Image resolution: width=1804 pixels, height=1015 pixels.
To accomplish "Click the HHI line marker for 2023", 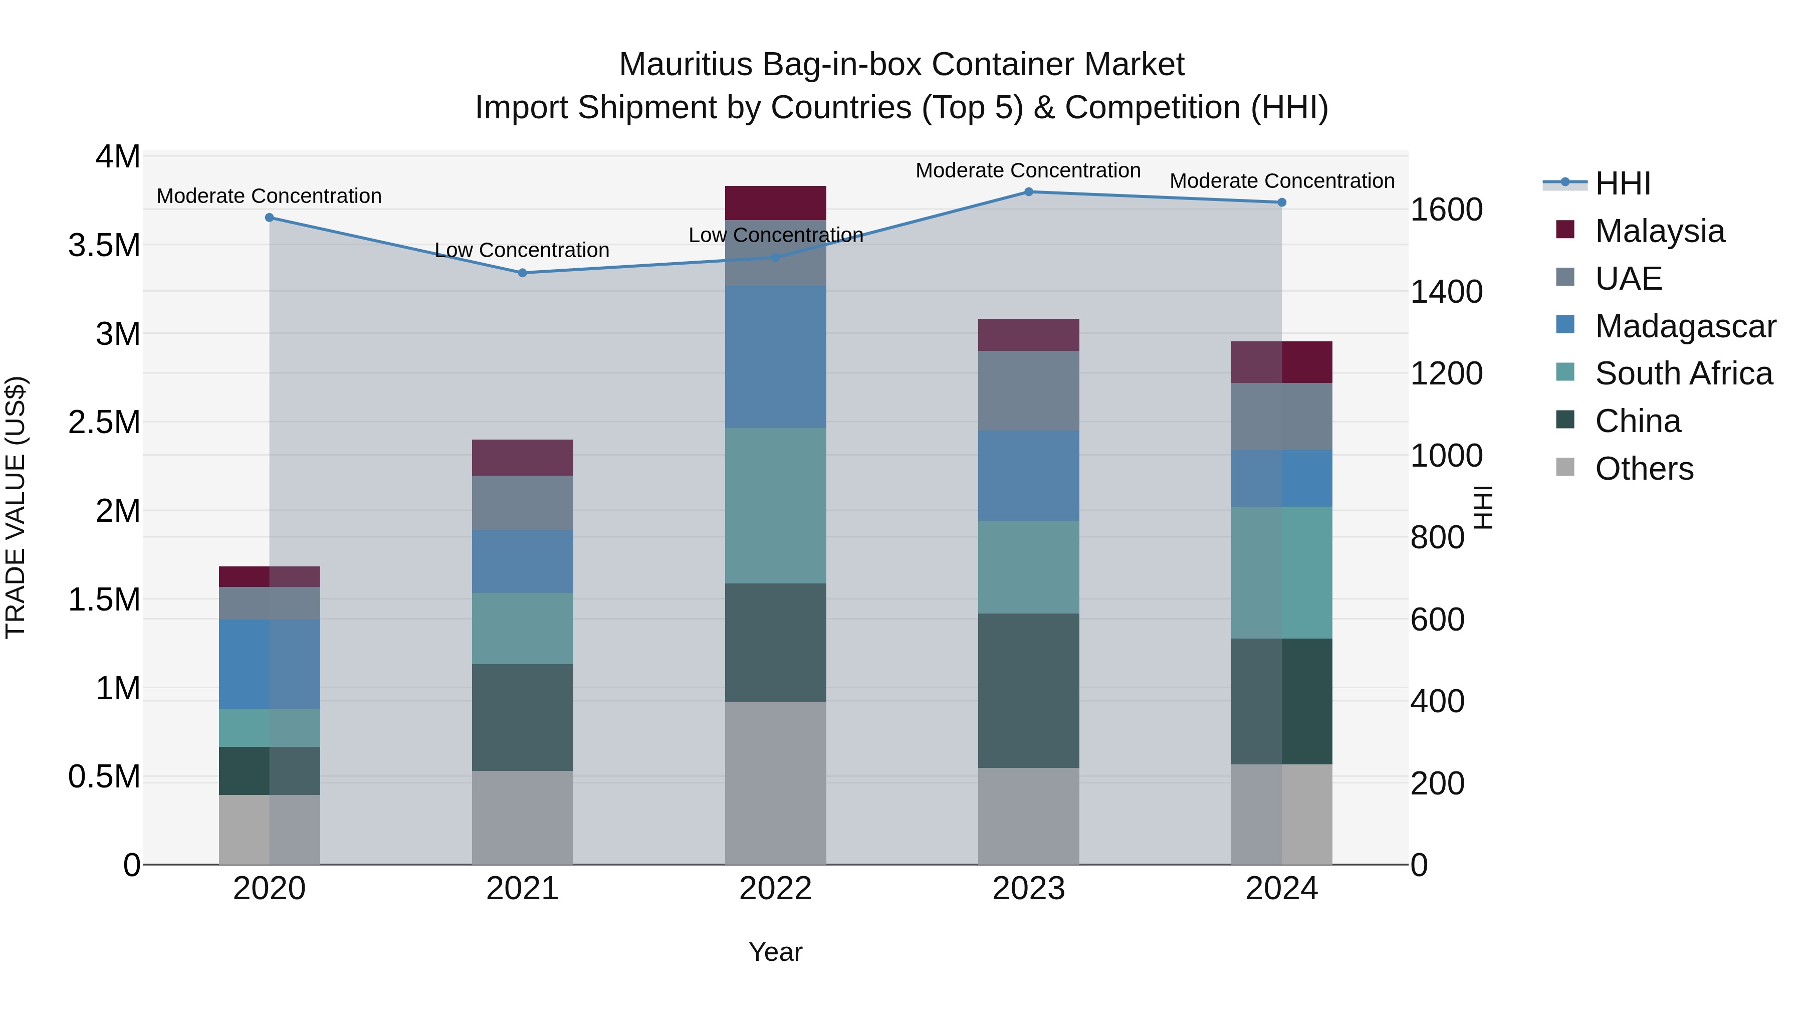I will (1028, 192).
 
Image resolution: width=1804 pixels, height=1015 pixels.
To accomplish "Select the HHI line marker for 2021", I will (523, 273).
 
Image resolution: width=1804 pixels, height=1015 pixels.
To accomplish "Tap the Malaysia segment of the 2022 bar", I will (775, 203).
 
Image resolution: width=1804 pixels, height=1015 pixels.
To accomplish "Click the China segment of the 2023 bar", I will (1028, 691).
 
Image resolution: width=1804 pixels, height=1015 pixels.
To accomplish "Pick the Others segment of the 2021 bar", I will (523, 818).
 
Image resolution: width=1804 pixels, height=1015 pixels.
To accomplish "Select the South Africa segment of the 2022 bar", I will (775, 506).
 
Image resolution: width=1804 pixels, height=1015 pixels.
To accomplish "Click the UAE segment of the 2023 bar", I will (1028, 391).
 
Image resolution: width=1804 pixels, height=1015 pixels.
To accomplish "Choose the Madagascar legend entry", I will (1685, 326).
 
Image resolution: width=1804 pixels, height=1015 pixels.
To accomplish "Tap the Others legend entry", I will (1644, 469).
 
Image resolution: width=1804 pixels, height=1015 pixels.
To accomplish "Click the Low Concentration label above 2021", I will (523, 250).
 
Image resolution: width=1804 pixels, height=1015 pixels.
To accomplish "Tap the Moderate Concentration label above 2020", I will (269, 196).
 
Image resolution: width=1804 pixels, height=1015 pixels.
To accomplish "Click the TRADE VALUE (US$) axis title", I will (16, 507).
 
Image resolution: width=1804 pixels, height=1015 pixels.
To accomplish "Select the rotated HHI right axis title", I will (1484, 507).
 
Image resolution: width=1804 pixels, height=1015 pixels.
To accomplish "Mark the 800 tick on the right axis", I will (1437, 538).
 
